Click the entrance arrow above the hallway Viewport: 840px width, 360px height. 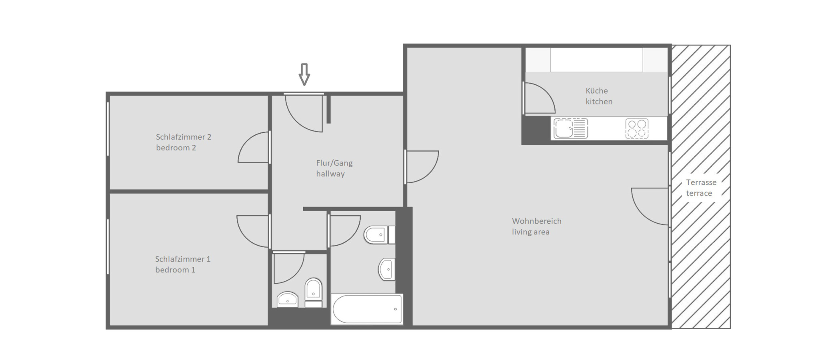point(304,74)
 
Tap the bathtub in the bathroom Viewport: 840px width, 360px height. point(367,309)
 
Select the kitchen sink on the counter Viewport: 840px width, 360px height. point(571,128)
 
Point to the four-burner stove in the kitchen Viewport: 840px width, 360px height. point(637,129)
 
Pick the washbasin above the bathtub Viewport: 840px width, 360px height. point(387,269)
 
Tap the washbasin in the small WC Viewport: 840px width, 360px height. point(287,299)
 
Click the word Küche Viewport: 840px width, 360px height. point(597,91)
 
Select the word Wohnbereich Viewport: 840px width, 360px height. point(537,221)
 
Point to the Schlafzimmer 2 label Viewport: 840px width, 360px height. point(184,137)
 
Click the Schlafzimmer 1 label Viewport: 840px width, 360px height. point(183,259)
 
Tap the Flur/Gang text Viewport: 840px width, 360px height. point(334,163)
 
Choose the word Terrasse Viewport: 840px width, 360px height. point(701,182)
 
